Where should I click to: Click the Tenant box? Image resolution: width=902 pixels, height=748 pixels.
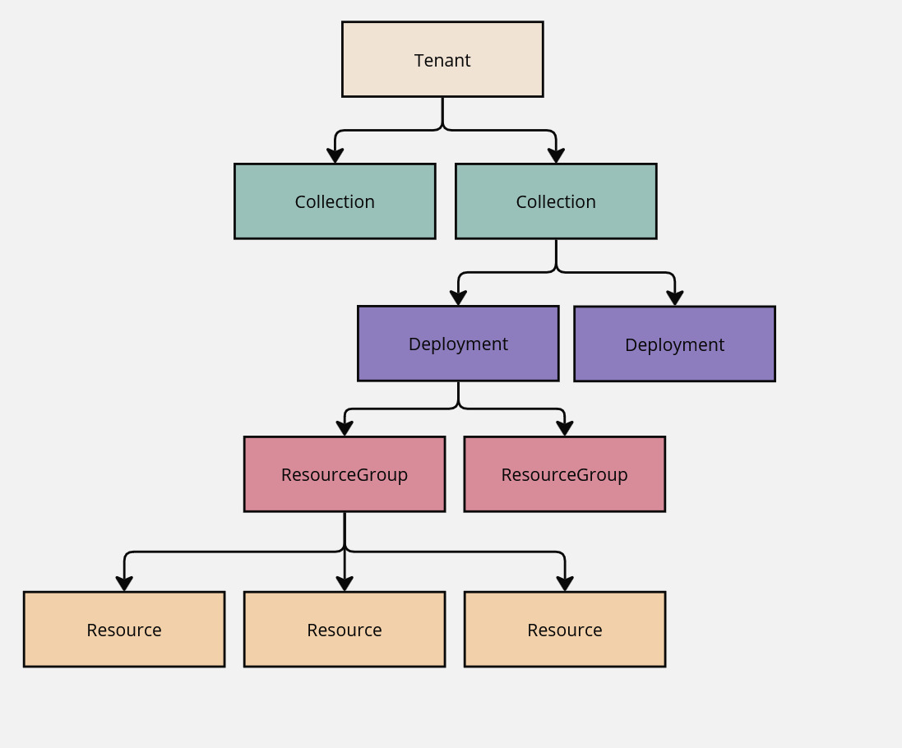[x=442, y=59]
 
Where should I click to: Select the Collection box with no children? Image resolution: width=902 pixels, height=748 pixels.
[x=335, y=201]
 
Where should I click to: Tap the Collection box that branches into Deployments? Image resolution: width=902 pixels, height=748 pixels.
[x=556, y=201]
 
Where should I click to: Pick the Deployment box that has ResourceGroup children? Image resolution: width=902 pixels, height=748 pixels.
[x=458, y=344]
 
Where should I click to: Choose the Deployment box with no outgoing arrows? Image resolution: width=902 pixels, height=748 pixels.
[x=674, y=344]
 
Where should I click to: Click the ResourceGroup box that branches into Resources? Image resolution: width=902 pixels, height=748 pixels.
[x=345, y=474]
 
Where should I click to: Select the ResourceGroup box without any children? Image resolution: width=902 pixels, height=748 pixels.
[x=564, y=474]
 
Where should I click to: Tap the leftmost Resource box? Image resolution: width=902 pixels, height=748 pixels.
[x=124, y=630]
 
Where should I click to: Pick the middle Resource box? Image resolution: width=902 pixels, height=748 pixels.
[x=345, y=630]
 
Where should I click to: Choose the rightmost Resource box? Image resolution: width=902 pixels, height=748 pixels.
[x=565, y=630]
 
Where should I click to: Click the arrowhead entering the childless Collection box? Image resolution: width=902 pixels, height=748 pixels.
[x=335, y=156]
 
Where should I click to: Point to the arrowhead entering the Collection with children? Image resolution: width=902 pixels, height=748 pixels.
[x=556, y=156]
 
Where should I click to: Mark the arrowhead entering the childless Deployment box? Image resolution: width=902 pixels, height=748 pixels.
[x=674, y=298]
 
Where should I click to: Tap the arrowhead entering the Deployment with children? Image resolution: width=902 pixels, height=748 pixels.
[x=458, y=298]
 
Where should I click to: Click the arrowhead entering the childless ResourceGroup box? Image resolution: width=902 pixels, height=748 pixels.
[x=564, y=429]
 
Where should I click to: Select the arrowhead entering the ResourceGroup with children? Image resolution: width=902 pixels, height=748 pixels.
[x=345, y=429]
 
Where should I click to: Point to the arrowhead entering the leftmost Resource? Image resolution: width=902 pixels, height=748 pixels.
[x=124, y=584]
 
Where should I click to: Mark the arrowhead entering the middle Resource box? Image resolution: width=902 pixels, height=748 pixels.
[x=345, y=584]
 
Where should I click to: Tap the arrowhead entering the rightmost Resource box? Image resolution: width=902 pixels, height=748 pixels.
[x=565, y=584]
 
